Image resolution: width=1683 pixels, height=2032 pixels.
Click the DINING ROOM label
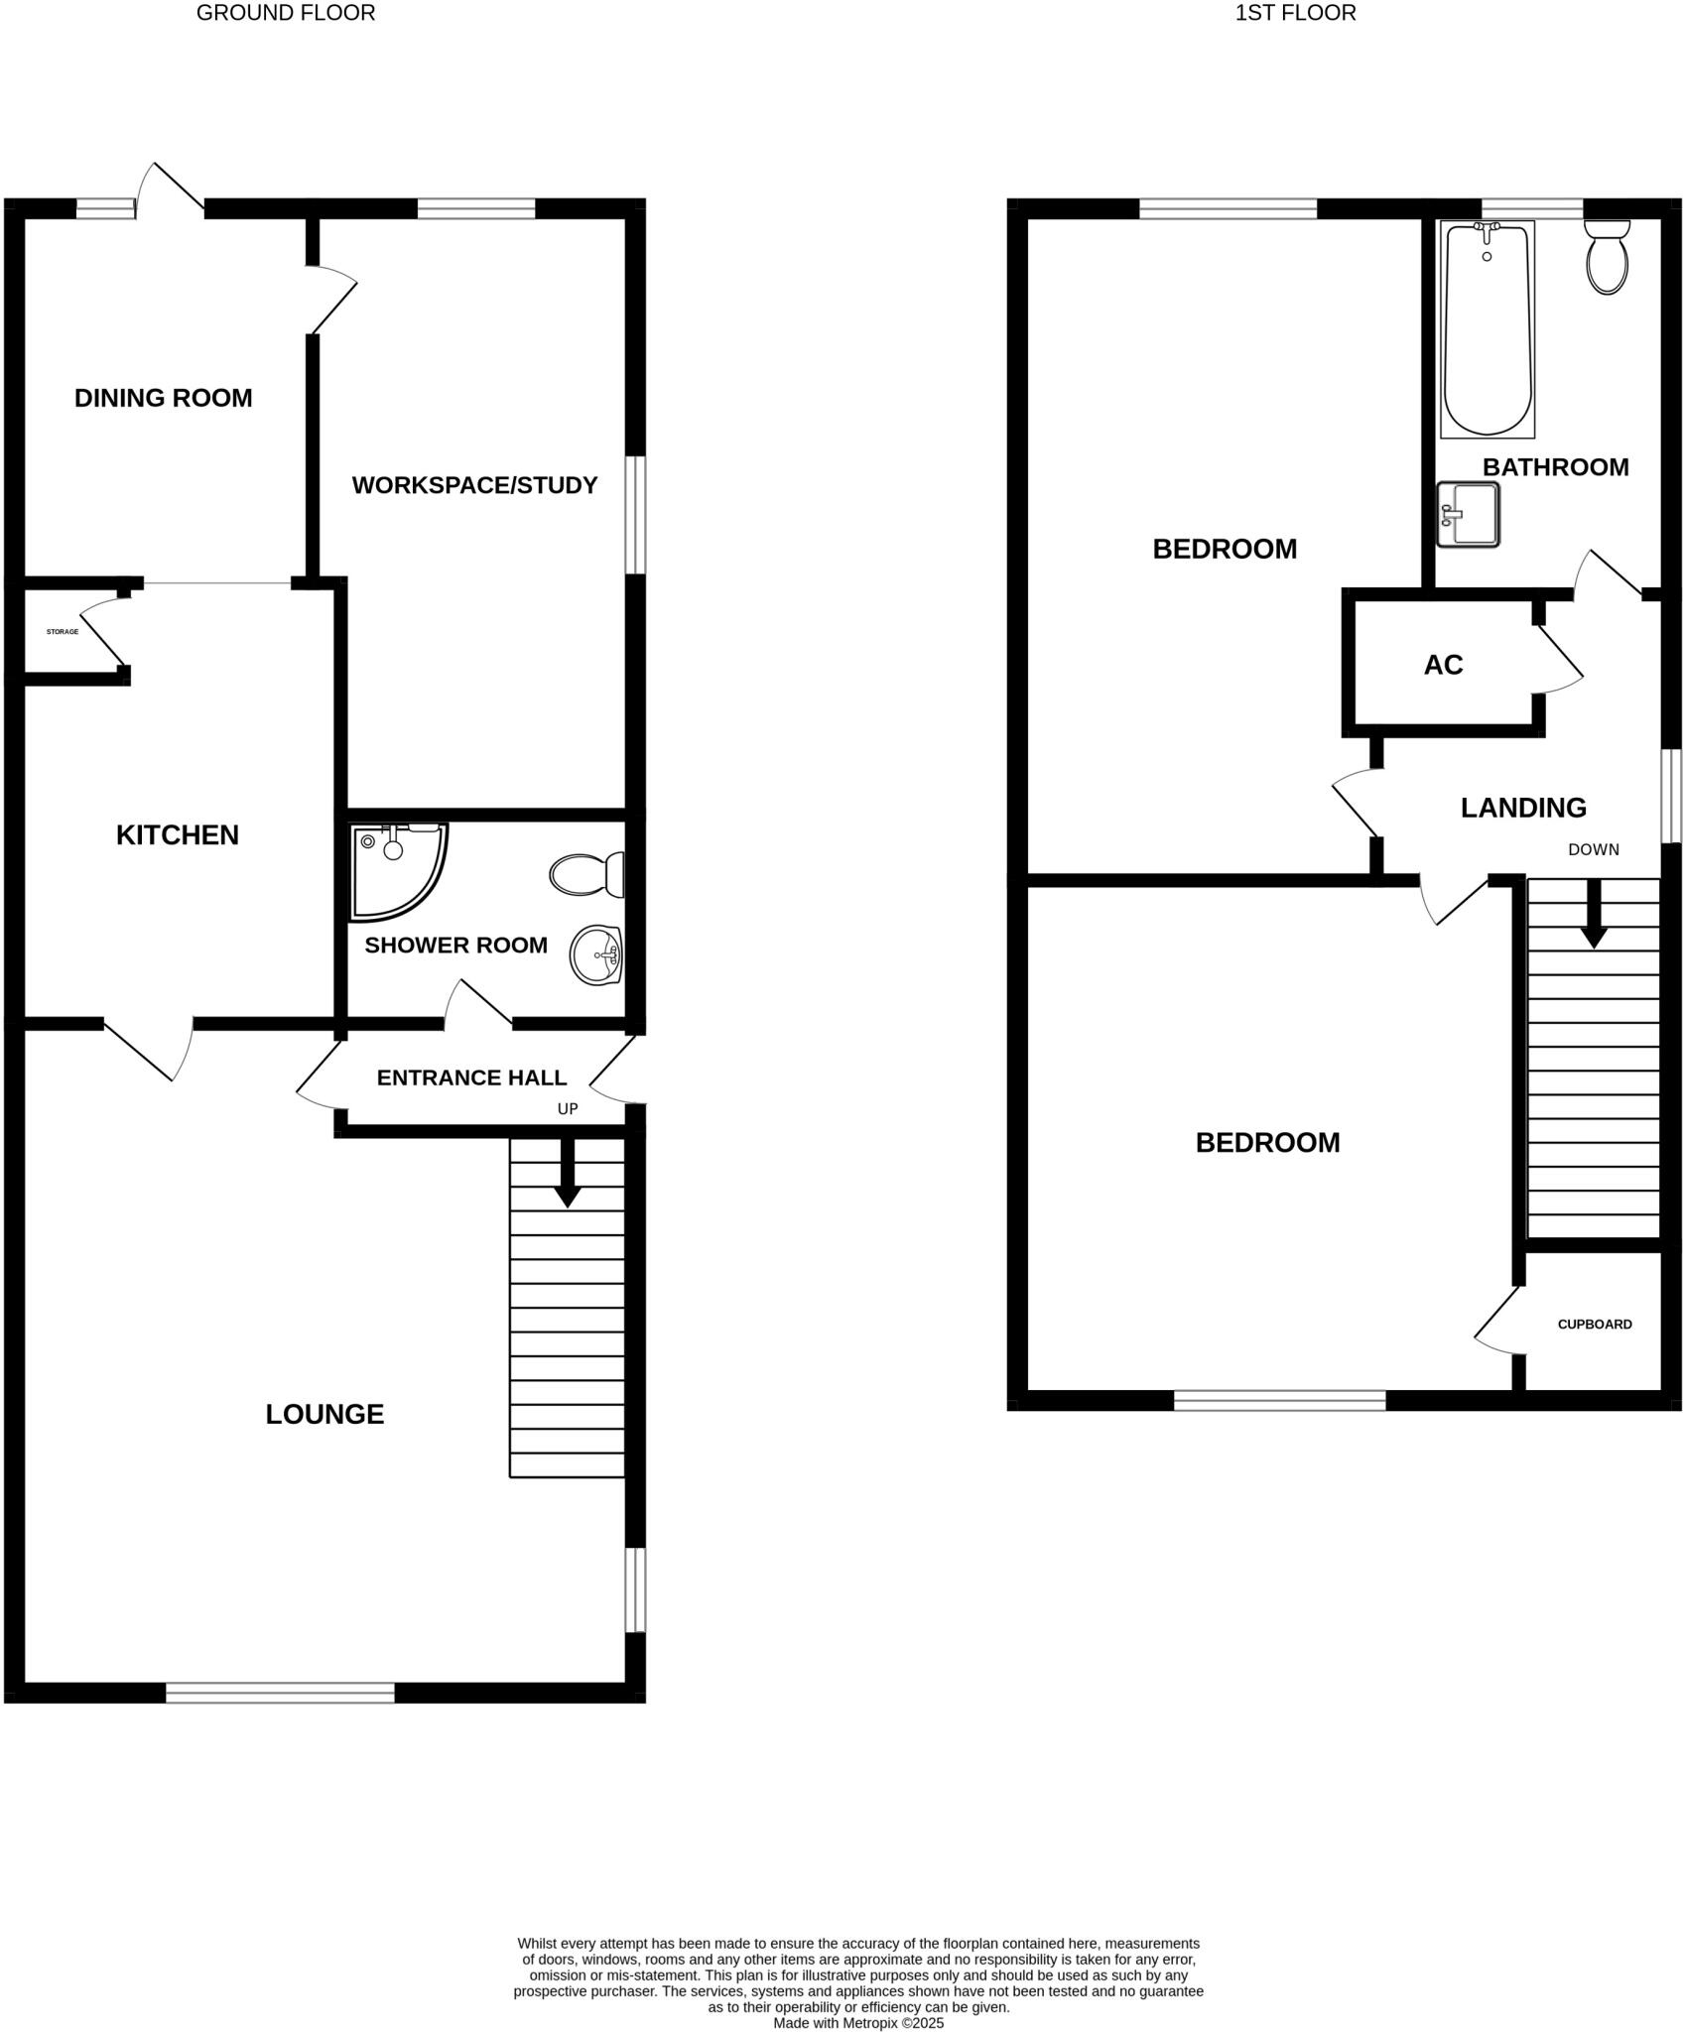(164, 398)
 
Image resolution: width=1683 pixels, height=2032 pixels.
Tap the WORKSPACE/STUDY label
(474, 485)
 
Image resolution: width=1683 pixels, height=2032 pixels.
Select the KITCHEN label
(178, 834)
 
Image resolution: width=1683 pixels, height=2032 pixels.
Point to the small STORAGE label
(63, 632)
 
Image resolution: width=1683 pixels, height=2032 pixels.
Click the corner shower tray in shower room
(394, 866)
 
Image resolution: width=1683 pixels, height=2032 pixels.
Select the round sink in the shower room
(595, 955)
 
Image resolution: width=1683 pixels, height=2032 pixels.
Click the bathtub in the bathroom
(1487, 329)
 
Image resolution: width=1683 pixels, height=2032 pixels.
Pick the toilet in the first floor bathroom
(1608, 257)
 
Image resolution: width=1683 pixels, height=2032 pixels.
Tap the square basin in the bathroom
(1469, 514)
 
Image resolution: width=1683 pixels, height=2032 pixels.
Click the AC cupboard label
(1443, 665)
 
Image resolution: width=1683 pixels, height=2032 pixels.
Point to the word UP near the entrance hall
(568, 1109)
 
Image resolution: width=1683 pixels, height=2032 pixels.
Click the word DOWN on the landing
(1594, 849)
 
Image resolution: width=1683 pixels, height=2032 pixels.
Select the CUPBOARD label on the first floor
(1595, 1324)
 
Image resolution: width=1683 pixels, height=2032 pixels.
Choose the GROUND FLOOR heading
(286, 13)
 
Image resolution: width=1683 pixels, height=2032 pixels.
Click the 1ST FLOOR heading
(1295, 13)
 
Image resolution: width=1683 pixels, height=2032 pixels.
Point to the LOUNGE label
(324, 1414)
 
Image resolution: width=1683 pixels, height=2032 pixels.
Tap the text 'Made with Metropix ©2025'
(858, 2022)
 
